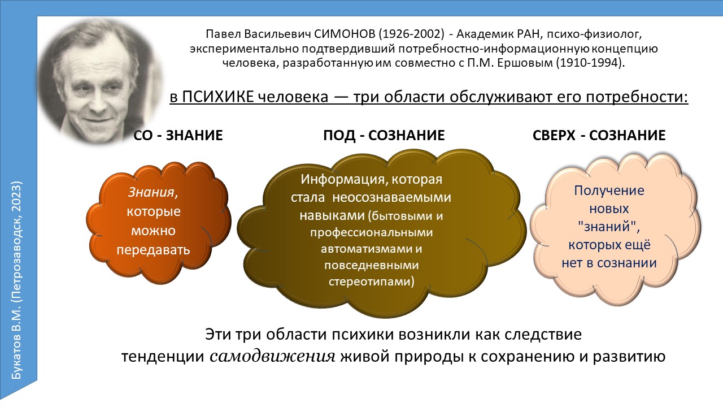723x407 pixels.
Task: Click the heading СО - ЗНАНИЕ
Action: click(178, 135)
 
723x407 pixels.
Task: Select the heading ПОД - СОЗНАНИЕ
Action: click(384, 135)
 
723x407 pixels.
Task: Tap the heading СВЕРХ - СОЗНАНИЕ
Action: click(599, 135)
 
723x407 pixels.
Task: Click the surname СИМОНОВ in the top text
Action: click(345, 34)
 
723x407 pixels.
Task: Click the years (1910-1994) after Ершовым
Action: click(590, 63)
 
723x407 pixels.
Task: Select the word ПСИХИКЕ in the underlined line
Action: click(218, 97)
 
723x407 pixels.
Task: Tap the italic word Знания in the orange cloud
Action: click(153, 193)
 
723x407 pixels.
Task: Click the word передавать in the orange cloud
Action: click(153, 250)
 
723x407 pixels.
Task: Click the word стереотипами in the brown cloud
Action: click(371, 282)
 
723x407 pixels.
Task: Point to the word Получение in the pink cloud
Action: click(609, 190)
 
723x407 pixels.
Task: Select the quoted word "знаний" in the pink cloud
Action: click(609, 227)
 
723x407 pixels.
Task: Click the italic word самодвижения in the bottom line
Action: click(272, 356)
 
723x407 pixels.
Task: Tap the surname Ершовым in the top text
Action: click(525, 63)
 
